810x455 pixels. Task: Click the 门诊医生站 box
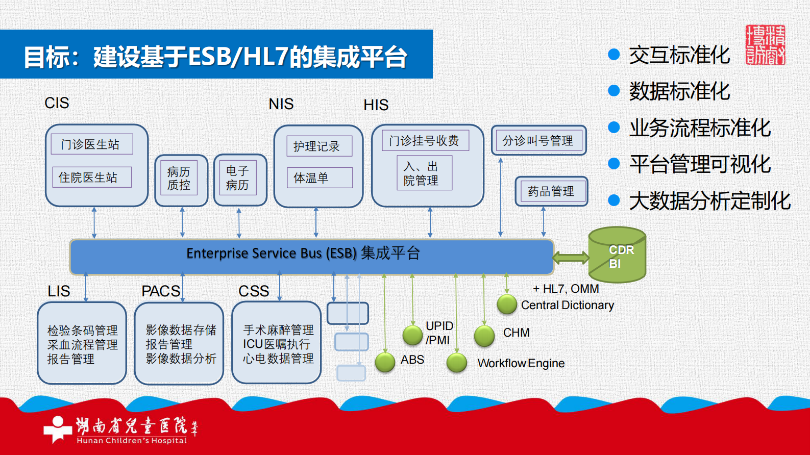pos(92,144)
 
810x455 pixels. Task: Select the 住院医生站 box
pos(92,177)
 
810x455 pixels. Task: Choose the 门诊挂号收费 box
pos(425,141)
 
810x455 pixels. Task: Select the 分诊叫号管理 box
pos(538,140)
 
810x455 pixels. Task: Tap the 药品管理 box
pos(551,191)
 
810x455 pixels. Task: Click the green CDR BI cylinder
pos(617,255)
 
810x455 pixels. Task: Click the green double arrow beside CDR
pos(571,257)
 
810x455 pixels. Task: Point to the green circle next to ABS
pos(385,362)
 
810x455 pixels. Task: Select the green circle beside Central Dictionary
pos(507,305)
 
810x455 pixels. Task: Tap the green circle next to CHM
pos(484,336)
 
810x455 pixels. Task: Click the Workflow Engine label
pos(521,363)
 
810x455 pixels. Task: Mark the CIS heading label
pos(57,103)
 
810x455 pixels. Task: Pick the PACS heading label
pos(161,291)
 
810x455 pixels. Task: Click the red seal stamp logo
pos(765,45)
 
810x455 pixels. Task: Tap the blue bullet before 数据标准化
pos(613,91)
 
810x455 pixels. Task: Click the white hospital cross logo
pos(58,428)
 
